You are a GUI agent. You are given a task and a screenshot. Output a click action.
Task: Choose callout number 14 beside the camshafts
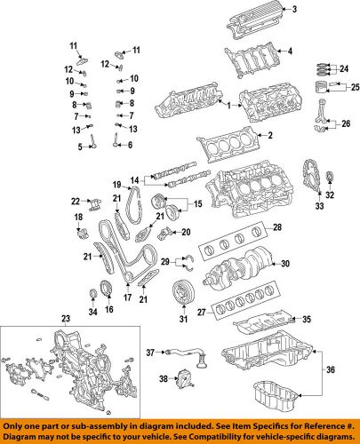click(x=134, y=180)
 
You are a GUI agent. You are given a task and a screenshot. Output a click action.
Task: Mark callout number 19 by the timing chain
click(x=116, y=183)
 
